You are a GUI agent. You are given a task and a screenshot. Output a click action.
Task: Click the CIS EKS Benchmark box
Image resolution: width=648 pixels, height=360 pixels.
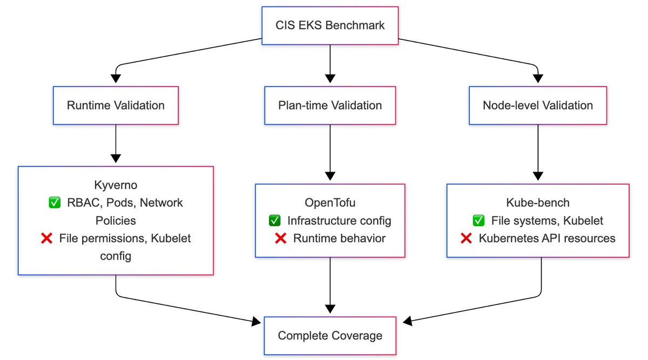pos(330,25)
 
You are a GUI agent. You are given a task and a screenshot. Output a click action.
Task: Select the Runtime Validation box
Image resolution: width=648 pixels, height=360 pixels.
pos(116,106)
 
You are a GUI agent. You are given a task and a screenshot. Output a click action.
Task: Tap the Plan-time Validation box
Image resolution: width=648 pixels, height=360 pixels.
pos(330,106)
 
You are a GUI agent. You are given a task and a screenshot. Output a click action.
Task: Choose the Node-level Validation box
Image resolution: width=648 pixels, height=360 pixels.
pos(538,106)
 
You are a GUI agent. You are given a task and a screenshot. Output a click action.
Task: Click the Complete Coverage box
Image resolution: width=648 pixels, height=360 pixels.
pos(330,336)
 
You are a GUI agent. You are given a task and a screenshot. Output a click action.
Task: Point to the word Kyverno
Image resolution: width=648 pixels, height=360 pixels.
pos(116,185)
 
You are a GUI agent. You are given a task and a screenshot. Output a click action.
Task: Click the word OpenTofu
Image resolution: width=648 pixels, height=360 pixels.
pos(330,203)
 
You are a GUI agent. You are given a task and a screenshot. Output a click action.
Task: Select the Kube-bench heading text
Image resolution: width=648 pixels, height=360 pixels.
pos(538,203)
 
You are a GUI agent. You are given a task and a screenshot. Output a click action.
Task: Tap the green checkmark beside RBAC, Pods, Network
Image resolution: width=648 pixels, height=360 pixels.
pos(55,202)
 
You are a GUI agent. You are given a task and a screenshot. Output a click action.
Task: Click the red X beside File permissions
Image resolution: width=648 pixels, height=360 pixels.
pos(46,238)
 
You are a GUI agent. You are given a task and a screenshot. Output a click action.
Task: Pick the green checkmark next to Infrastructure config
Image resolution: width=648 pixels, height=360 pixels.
pos(274,220)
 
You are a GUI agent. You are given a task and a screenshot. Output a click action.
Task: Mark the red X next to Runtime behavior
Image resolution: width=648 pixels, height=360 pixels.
pos(281,238)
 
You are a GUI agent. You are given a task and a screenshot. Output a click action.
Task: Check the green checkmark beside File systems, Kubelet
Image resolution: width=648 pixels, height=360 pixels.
pos(479,220)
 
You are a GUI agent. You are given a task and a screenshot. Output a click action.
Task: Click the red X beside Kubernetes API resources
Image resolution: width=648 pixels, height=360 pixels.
pos(466,238)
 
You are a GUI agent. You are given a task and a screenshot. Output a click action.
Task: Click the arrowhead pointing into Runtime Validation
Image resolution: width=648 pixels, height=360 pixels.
pos(116,79)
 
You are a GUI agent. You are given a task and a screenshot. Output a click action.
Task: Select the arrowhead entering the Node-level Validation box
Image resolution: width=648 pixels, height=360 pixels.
pos(538,79)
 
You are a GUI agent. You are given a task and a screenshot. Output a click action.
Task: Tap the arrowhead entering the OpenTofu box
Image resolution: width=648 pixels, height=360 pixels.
pos(330,176)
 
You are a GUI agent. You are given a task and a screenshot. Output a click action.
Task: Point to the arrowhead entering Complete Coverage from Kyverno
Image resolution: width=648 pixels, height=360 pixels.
pos(256,321)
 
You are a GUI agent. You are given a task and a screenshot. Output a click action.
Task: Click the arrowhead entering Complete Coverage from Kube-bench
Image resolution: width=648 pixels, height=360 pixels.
pos(407,321)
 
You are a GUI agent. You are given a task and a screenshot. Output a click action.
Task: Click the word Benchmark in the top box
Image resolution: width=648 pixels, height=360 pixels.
pos(355,25)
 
